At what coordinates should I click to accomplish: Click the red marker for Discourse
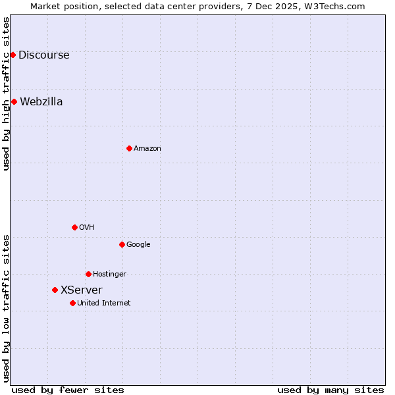tap(13, 55)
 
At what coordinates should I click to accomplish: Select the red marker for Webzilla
tap(14, 101)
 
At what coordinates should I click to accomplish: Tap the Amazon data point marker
tap(129, 148)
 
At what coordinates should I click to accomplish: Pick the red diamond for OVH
tap(74, 227)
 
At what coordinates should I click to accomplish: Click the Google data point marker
tap(122, 244)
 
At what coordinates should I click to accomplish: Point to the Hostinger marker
tap(88, 274)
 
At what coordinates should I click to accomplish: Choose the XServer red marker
tap(55, 290)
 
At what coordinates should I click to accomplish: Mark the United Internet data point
tap(72, 303)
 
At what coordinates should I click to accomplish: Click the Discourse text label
tap(43, 55)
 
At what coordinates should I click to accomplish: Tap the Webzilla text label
tap(41, 101)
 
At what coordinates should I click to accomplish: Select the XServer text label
tap(82, 290)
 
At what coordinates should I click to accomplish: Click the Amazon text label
tap(147, 148)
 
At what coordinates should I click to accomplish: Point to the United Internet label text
tap(104, 303)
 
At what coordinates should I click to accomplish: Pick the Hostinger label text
tap(109, 274)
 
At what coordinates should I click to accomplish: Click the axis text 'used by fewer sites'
tap(68, 390)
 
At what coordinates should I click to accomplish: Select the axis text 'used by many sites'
tap(330, 390)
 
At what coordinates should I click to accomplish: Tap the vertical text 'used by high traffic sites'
tap(6, 93)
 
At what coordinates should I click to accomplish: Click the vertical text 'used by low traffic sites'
tap(6, 307)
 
